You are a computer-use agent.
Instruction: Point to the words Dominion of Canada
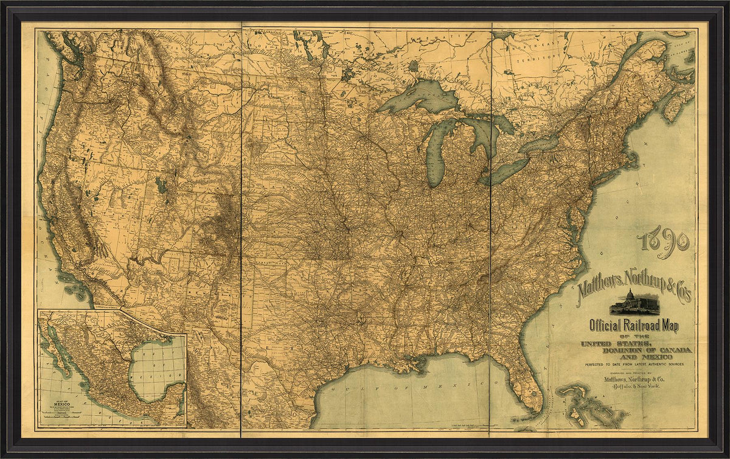(646, 350)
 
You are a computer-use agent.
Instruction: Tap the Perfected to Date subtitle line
(634, 363)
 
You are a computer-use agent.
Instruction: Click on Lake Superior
(420, 97)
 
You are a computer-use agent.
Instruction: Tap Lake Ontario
(539, 144)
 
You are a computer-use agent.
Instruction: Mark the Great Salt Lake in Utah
(161, 183)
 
